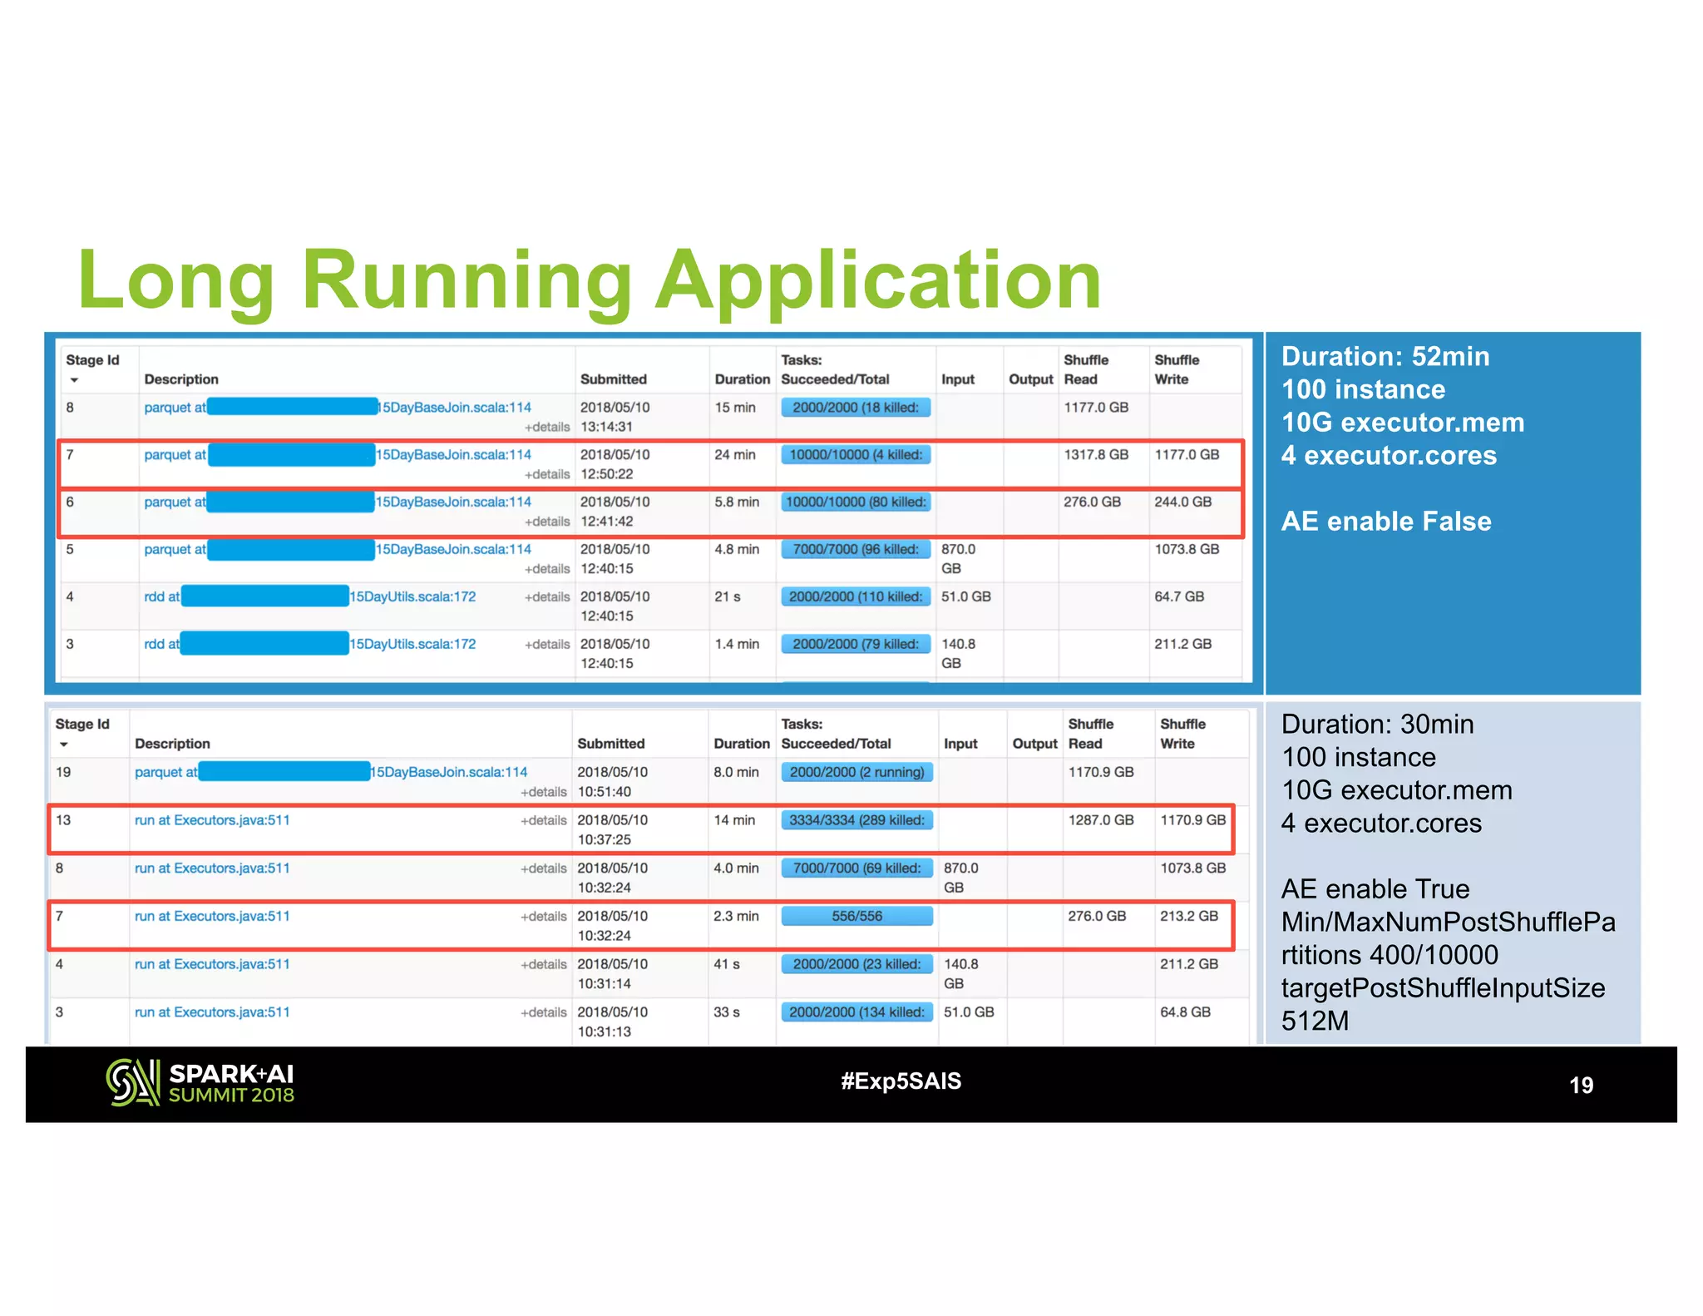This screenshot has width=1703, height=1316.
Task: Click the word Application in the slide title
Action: tap(878, 281)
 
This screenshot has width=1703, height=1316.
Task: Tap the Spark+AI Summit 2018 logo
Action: tap(200, 1082)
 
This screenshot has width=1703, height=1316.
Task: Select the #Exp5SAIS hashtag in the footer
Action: tap(901, 1081)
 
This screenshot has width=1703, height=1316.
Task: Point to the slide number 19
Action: tap(1580, 1085)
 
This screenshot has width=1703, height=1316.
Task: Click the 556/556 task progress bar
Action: tap(856, 916)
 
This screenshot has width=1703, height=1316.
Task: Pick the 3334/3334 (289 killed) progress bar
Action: tap(856, 820)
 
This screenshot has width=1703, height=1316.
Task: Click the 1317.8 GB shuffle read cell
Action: tap(1096, 455)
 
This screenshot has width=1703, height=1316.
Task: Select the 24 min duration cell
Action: tap(735, 455)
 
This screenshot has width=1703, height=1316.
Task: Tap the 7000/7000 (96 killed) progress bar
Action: tap(855, 550)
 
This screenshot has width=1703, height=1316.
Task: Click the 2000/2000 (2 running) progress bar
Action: tap(856, 772)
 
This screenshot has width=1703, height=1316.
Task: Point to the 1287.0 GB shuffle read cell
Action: tap(1101, 820)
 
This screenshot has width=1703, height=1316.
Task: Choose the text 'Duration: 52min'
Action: tap(1385, 357)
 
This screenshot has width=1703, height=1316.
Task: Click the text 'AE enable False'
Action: tap(1386, 522)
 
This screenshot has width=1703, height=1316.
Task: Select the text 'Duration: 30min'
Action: tap(1377, 725)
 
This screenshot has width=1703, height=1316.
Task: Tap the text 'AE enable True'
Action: tap(1375, 889)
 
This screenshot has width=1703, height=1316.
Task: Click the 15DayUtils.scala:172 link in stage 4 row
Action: tap(413, 597)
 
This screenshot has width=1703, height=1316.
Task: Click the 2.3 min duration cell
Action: tap(736, 916)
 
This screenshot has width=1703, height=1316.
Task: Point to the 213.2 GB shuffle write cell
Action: tap(1189, 916)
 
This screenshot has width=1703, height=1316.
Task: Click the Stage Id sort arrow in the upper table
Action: tap(74, 380)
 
